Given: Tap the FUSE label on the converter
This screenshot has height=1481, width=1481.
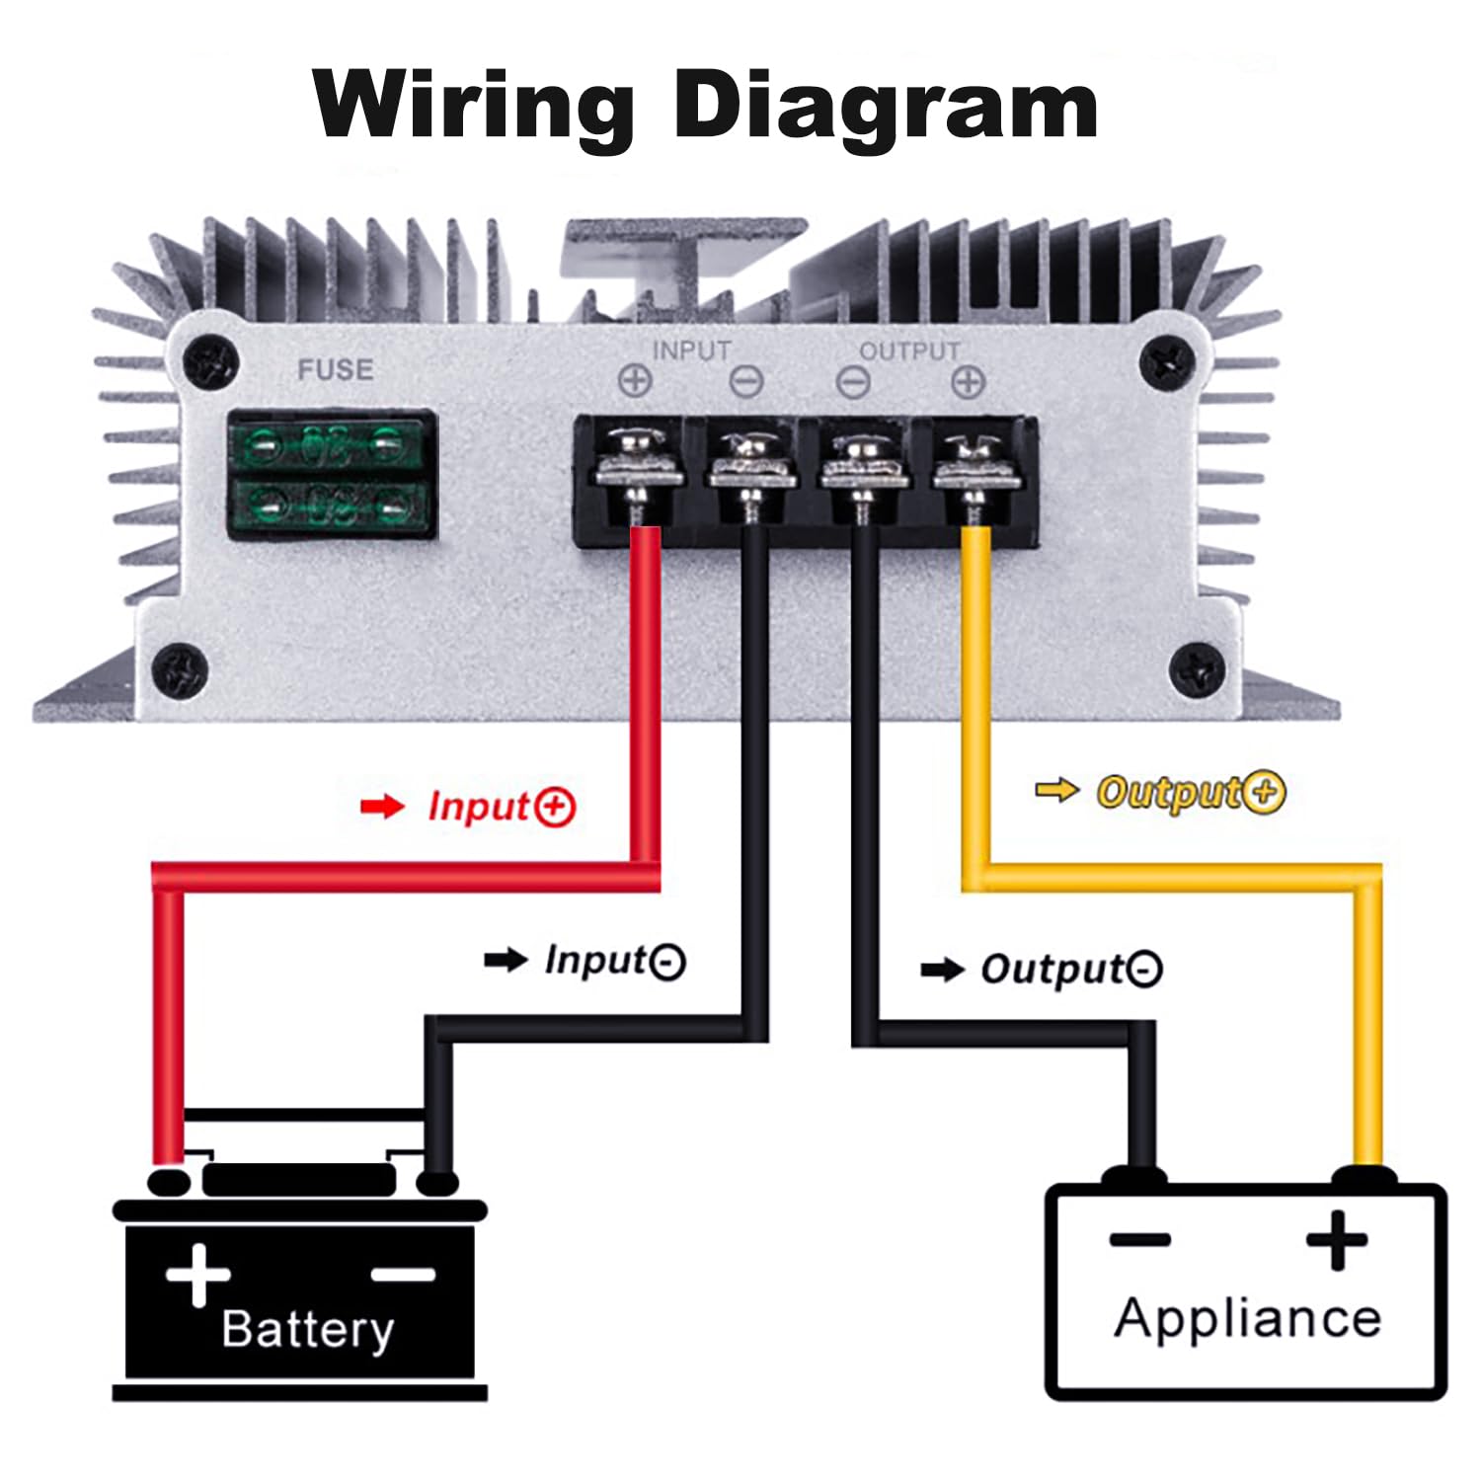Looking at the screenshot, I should (x=336, y=370).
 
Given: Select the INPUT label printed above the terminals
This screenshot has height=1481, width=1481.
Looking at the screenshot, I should (x=691, y=351).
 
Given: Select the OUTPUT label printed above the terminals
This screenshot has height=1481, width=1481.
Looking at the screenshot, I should (x=909, y=351).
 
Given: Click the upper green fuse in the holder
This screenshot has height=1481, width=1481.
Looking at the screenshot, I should (x=331, y=446).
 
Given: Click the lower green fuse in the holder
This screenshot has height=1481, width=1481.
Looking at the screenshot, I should (x=331, y=507).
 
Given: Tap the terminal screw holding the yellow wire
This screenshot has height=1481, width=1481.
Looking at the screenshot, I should (x=974, y=456).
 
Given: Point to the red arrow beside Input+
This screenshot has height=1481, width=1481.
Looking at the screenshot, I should (x=382, y=807).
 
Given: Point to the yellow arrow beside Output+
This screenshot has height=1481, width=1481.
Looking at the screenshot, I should (x=1056, y=790).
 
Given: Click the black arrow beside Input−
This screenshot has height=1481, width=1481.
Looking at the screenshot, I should (x=506, y=960).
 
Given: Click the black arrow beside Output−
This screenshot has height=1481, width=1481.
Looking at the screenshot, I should (x=942, y=970).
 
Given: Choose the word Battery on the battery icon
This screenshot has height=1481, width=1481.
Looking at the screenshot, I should (x=307, y=1329).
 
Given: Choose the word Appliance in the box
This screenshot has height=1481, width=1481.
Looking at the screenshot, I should (x=1248, y=1318).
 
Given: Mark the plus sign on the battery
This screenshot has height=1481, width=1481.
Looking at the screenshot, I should (x=198, y=1274).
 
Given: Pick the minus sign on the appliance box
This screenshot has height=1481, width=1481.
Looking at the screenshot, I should (x=1139, y=1239).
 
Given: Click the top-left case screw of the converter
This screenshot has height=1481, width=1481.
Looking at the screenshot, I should (x=211, y=362).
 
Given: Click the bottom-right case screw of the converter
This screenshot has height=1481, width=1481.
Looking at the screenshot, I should (x=1197, y=669).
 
